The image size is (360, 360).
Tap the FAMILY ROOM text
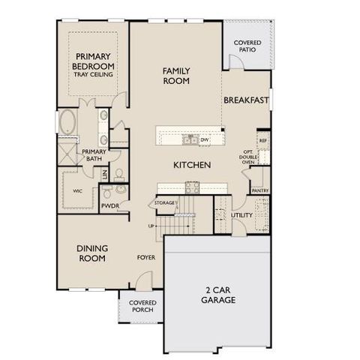coord(176,76)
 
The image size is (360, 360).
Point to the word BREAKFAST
coord(245,100)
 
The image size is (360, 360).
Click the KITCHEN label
coord(191,165)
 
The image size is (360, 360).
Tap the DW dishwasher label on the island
coord(204,139)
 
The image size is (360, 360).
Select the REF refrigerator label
coord(262,140)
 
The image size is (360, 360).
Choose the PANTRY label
coord(260,190)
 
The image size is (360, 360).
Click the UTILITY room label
coord(241,215)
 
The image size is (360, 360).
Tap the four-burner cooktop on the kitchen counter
coord(189,188)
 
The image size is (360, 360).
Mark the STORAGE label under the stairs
coord(164,203)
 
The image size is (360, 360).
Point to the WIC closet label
coord(77,191)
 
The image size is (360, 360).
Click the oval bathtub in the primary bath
coord(67,123)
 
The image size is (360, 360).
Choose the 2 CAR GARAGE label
coord(217,295)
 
